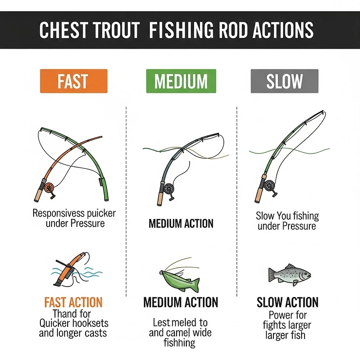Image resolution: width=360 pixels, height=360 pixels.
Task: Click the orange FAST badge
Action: tap(73, 81)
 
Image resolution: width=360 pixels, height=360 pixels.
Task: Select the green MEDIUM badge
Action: tap(180, 81)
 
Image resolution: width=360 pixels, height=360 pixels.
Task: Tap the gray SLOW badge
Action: tap(285, 81)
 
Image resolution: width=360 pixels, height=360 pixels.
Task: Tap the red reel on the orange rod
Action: tap(48, 187)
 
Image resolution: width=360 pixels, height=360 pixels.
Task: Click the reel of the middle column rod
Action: tap(169, 189)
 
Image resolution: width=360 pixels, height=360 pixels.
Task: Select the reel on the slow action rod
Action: tap(269, 185)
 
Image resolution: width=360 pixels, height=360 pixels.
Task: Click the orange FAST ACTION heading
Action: tap(72, 303)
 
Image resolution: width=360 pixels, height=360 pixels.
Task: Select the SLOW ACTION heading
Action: tap(288, 303)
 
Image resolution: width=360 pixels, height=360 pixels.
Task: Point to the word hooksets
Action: tap(86, 323)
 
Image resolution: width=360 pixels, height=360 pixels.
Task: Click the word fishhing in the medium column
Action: tap(179, 342)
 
